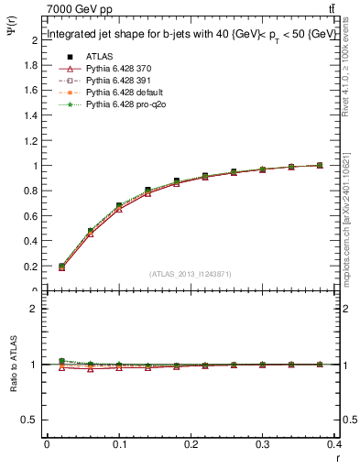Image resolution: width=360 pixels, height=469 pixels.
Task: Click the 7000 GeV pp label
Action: tap(76, 8)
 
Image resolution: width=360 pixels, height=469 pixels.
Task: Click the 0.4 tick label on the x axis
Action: tap(334, 446)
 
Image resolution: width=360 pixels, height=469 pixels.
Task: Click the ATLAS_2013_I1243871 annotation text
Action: tap(191, 274)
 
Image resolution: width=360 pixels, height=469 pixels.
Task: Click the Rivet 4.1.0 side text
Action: tap(352, 78)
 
